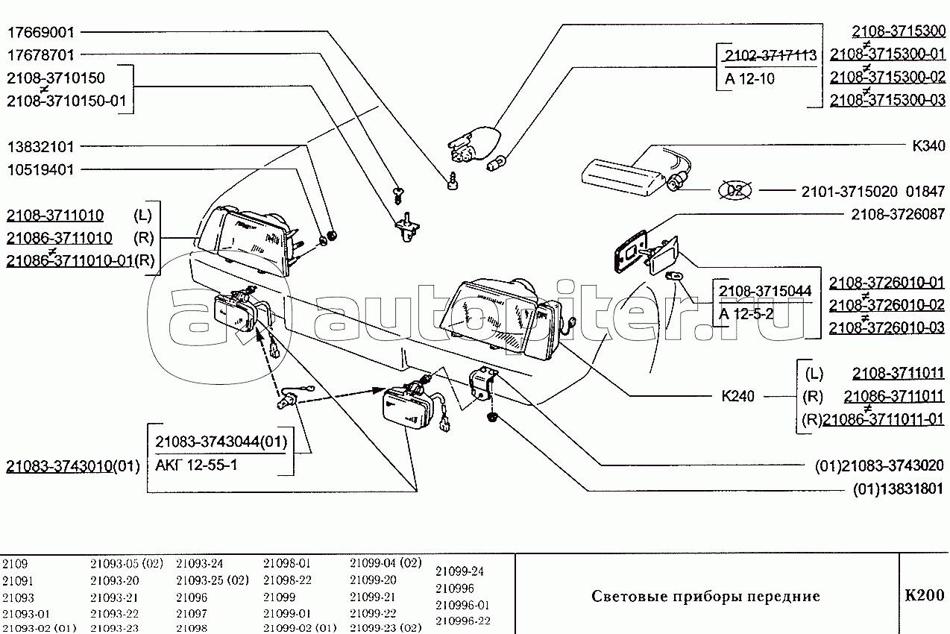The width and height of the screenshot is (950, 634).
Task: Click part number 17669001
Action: (41, 33)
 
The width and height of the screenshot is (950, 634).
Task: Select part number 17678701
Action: (41, 54)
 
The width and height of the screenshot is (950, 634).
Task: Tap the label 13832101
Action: (41, 147)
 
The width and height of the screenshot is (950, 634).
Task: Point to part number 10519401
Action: (41, 169)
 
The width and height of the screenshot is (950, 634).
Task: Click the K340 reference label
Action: (928, 147)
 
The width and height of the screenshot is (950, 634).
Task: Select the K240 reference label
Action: (737, 397)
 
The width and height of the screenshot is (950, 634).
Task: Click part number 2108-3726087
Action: (897, 215)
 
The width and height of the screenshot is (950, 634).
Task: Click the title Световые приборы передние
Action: (705, 596)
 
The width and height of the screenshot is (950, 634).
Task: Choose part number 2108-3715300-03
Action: (887, 100)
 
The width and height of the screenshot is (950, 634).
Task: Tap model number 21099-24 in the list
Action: (459, 572)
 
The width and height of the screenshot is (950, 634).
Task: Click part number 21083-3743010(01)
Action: (73, 467)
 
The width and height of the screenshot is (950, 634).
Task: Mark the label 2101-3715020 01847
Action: (872, 192)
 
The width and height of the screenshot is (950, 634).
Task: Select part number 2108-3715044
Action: (765, 291)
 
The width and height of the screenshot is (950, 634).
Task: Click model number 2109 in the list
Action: (15, 564)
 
